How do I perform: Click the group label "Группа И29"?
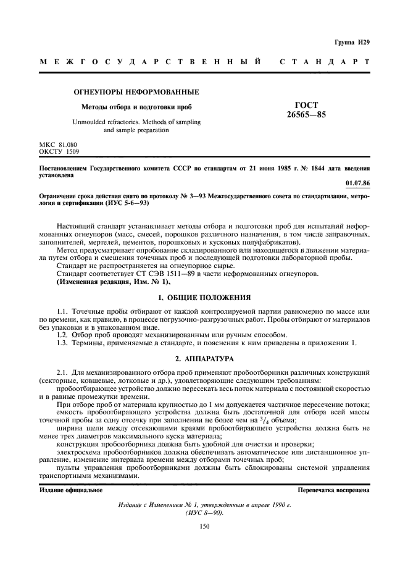pos(352,42)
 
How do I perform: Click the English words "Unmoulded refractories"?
pos(105,122)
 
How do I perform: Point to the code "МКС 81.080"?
pos(58,144)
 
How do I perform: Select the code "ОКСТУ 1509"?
pos(59,151)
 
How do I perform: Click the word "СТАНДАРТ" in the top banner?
pos(325,62)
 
